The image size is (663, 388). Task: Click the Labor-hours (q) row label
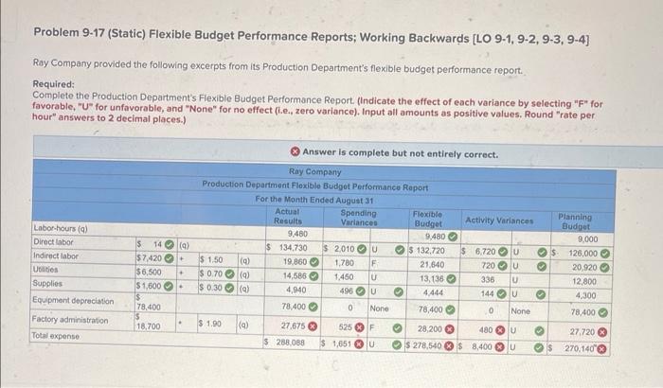click(58, 229)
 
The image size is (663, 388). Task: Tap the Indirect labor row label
click(57, 256)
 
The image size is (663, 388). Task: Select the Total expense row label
click(59, 336)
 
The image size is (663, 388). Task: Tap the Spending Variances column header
click(358, 217)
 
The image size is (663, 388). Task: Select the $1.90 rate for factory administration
click(211, 324)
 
